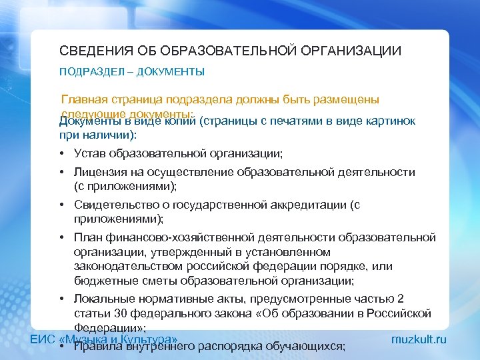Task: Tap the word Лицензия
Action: (99, 173)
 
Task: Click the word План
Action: (87, 238)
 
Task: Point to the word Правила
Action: (94, 346)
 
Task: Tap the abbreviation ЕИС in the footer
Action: (43, 340)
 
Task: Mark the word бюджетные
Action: (103, 280)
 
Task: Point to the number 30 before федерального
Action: (113, 313)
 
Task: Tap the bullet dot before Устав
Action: (61, 153)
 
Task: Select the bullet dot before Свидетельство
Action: (61, 205)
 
